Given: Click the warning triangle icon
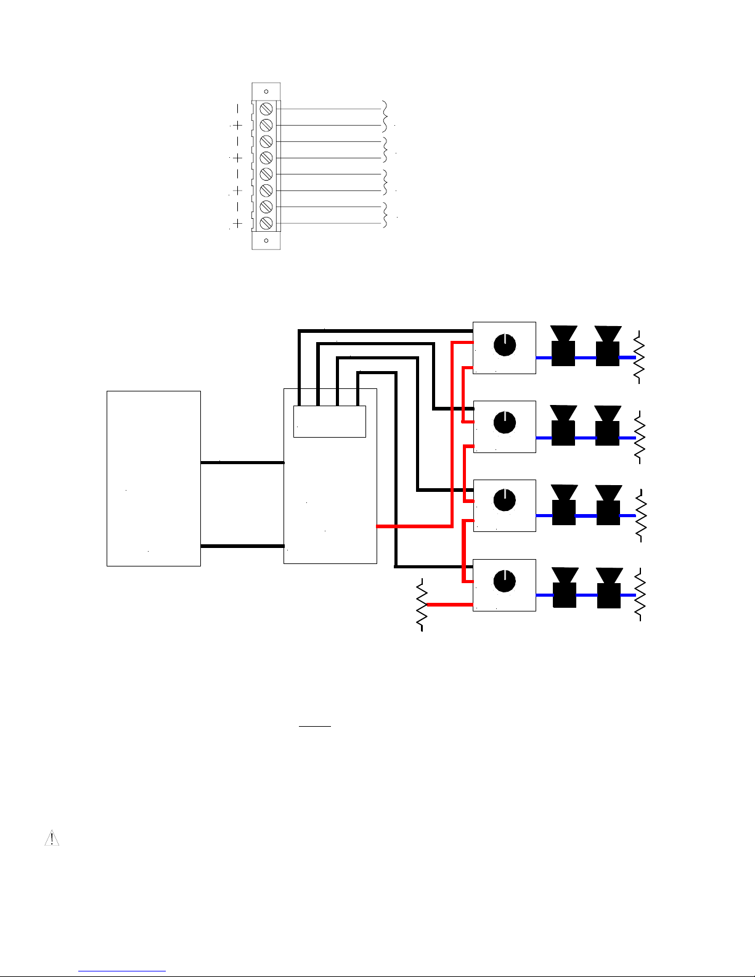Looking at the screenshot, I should tap(52, 838).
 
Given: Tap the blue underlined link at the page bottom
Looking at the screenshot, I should tap(122, 971).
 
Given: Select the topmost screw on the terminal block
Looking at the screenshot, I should tap(266, 109).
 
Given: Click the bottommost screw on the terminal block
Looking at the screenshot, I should tap(266, 223).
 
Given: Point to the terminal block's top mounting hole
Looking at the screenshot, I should tap(266, 92).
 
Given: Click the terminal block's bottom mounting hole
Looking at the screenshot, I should tap(266, 240).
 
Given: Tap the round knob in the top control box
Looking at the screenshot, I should tap(505, 345).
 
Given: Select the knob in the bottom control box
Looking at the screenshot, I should tap(505, 581).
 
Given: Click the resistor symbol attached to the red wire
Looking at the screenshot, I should tap(422, 605).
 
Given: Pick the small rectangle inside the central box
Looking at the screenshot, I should tap(330, 422).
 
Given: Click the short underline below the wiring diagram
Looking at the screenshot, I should tap(315, 726).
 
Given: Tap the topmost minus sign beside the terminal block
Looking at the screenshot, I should tap(238, 109).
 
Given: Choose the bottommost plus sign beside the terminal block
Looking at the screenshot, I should tap(238, 223).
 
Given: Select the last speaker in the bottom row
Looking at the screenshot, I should tap(609, 588).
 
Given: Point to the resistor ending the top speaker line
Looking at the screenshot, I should tap(639, 357).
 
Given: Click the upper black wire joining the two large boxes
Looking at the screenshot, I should tap(242, 462).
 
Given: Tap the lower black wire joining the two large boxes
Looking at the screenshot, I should tap(242, 546).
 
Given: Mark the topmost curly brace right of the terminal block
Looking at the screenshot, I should tap(386, 117).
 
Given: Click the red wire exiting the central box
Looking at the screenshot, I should tap(413, 526).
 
